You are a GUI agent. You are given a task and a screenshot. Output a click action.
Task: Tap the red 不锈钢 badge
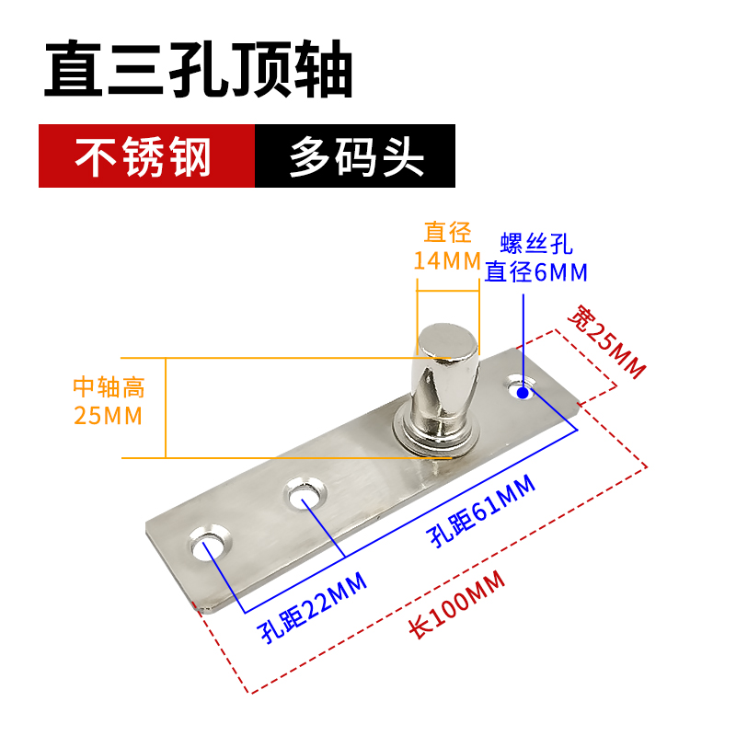pos(144,157)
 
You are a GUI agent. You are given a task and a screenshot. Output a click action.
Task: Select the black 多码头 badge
pos(356,157)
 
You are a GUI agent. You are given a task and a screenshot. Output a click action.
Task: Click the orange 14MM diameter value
pos(447,260)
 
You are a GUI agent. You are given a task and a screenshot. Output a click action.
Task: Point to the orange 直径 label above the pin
pos(447,233)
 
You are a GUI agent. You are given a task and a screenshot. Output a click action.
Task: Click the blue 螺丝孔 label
pos(536,245)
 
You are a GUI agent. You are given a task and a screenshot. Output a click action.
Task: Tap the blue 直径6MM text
pos(536,271)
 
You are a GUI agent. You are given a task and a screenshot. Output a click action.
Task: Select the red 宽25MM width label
pos(605,340)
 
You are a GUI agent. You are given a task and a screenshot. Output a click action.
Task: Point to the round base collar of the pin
pos(438,432)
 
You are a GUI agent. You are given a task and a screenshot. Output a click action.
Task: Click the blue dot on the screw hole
pos(523,393)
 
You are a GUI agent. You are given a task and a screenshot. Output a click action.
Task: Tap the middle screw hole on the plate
pos(305,494)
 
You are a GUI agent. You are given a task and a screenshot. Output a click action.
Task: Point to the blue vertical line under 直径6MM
pos(523,336)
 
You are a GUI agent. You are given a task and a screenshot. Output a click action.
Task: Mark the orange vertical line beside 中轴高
pos(166,408)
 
